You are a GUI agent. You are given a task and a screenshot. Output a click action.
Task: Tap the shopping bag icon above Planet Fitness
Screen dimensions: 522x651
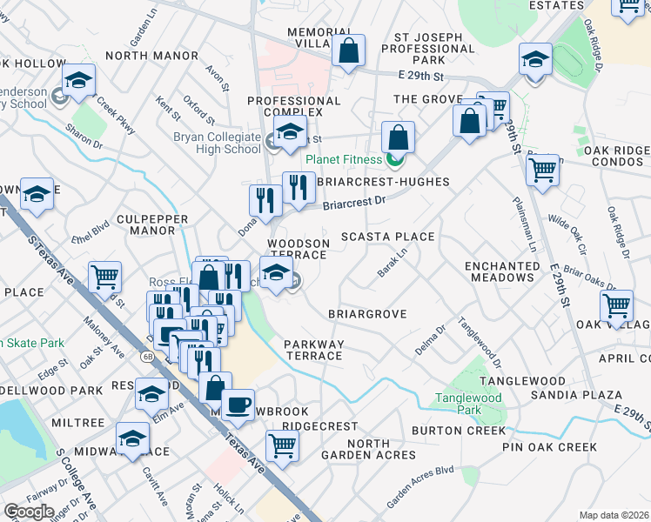point(398,137)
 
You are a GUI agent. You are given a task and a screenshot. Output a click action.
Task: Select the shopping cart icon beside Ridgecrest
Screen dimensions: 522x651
point(282,445)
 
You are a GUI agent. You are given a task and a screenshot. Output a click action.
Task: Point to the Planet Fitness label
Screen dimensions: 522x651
point(343,159)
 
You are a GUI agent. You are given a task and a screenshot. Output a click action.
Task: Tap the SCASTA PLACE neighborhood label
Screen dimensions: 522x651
point(386,237)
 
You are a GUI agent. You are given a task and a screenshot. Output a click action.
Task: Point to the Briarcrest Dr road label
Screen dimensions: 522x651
point(354,203)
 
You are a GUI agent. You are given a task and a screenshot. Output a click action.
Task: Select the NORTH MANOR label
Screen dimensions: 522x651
point(145,56)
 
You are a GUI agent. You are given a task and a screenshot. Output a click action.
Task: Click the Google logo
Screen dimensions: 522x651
point(29,511)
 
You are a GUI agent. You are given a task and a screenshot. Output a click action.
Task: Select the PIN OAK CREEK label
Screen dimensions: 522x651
point(549,447)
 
